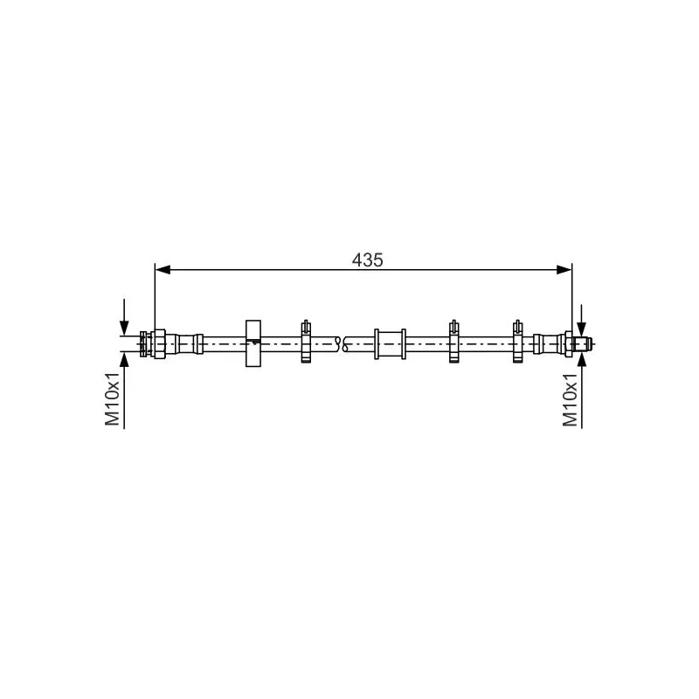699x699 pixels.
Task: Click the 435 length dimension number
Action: (x=367, y=260)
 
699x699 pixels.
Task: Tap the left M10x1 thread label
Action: (x=113, y=399)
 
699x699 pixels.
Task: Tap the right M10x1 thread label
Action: (x=571, y=400)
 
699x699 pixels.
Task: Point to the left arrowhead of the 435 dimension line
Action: (x=163, y=270)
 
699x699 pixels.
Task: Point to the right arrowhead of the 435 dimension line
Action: (x=564, y=270)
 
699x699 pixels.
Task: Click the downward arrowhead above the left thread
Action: (x=124, y=328)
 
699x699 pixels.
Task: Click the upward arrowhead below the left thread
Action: (x=124, y=360)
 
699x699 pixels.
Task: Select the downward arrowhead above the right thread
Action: (x=581, y=328)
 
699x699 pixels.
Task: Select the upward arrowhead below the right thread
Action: (x=581, y=360)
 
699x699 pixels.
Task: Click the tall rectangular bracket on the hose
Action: (x=253, y=343)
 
